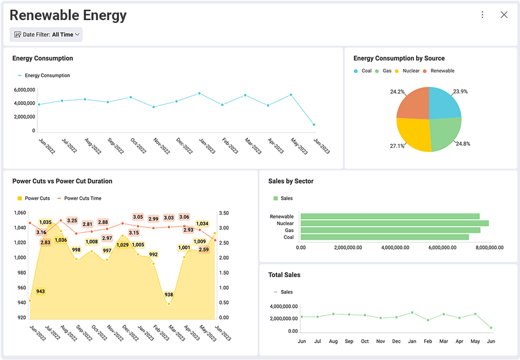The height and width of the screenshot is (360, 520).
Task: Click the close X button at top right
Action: (x=504, y=15)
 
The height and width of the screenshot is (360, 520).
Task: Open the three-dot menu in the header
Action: (x=482, y=15)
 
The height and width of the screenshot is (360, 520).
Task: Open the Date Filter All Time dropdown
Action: (x=46, y=35)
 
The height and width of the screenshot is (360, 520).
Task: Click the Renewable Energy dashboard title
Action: (x=68, y=16)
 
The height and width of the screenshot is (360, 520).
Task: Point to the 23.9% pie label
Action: (x=460, y=91)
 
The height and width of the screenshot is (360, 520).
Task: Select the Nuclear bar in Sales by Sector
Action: (x=394, y=223)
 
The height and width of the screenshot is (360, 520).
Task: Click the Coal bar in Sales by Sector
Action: (x=385, y=237)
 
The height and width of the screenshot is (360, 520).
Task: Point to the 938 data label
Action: (x=168, y=295)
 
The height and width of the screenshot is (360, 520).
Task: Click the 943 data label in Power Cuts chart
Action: (x=41, y=291)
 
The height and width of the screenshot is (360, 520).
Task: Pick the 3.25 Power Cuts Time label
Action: (x=72, y=220)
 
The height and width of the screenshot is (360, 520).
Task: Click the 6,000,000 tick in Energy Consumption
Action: (x=24, y=90)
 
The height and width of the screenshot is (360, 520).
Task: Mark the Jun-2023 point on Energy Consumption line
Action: (x=314, y=125)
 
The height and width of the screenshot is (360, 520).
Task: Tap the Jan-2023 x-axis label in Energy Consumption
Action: (x=206, y=147)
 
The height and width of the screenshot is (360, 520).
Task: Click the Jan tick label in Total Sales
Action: (x=412, y=342)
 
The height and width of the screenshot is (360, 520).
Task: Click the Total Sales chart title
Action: (x=284, y=275)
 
